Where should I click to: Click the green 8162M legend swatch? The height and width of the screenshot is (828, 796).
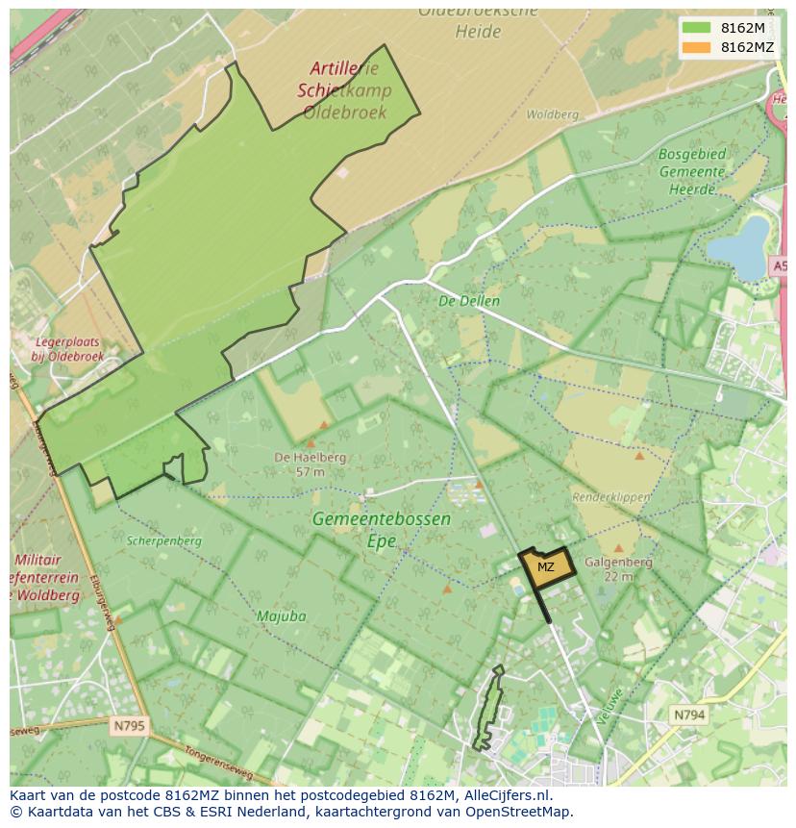[696, 28]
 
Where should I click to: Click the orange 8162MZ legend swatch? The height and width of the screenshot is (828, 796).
[696, 47]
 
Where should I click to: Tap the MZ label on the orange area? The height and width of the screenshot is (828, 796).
[545, 566]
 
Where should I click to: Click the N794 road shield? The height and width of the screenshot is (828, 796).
[688, 715]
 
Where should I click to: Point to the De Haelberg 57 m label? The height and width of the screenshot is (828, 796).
[310, 464]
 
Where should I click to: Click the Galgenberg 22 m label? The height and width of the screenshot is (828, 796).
[618, 568]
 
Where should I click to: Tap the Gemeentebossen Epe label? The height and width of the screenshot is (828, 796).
[381, 529]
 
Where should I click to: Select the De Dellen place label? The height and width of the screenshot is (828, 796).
[469, 301]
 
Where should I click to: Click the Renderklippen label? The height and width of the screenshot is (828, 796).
[611, 497]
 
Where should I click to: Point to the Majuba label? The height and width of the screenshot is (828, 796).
[281, 615]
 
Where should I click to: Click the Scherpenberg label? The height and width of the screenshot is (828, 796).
[164, 540]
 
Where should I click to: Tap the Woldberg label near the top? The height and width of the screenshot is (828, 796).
[553, 114]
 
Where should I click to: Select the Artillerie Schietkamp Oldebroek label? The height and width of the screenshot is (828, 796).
[344, 90]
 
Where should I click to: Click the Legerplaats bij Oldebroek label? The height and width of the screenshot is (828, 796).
[66, 349]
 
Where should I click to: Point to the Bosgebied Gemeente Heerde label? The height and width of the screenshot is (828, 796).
[692, 171]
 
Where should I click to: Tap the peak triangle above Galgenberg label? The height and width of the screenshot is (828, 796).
[618, 549]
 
